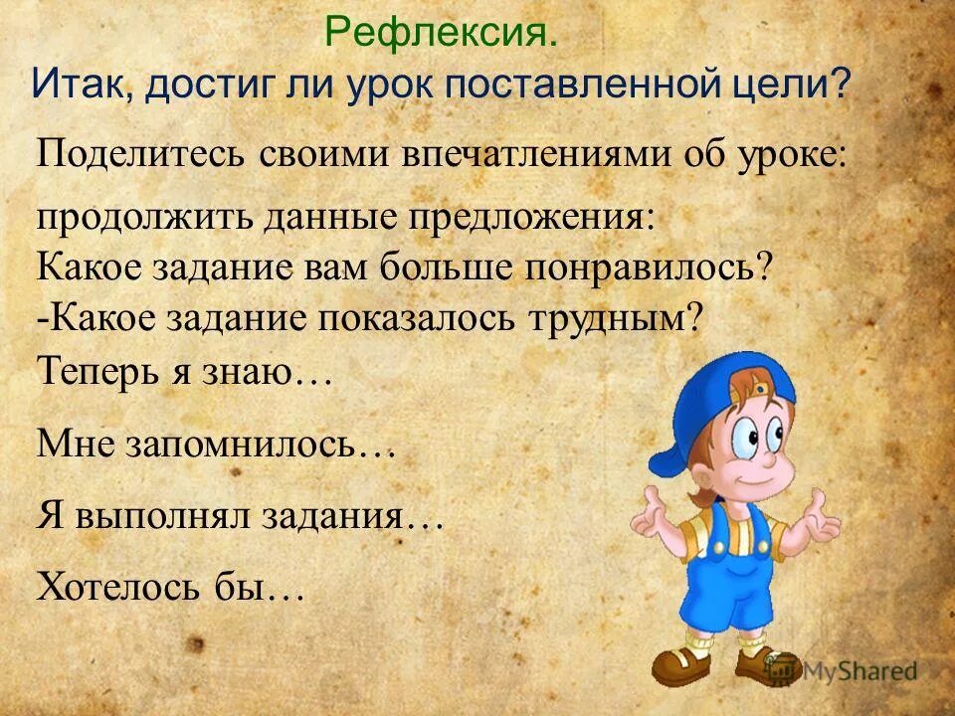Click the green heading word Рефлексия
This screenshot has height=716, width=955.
click(x=441, y=36)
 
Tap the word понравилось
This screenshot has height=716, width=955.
click(x=652, y=268)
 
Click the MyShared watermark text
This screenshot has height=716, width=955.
click(x=860, y=671)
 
